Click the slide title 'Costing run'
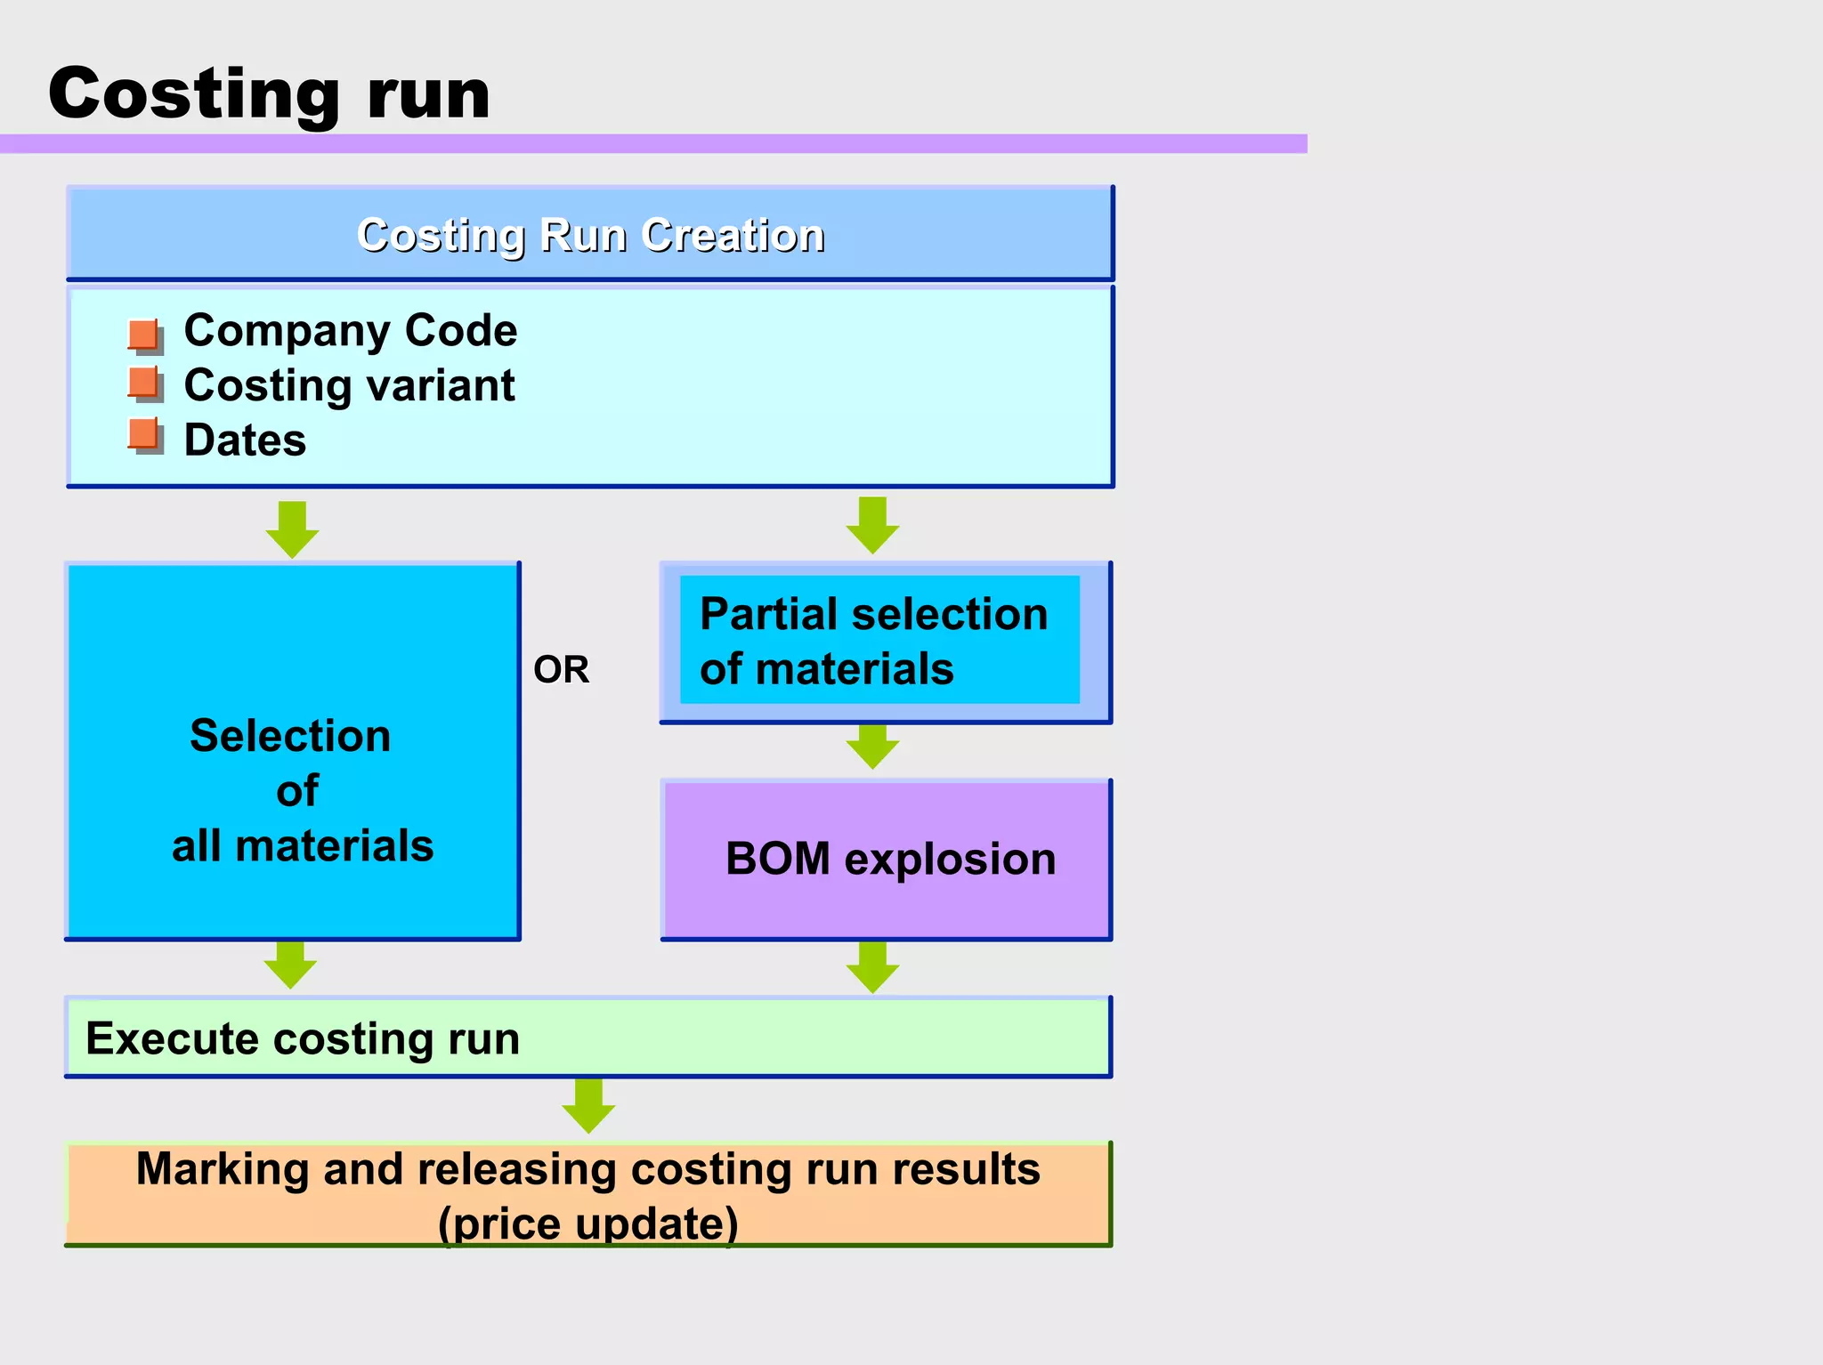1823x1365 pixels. point(269,93)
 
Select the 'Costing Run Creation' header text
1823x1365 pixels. point(590,236)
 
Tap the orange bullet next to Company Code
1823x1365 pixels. point(144,335)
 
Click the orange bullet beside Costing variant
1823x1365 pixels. point(144,384)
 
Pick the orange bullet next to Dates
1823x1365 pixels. point(144,435)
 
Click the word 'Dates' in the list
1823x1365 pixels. point(245,440)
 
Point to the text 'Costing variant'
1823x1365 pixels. point(349,386)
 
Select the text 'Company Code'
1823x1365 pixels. point(350,331)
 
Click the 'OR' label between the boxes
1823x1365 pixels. point(561,670)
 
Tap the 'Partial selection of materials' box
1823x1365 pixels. point(879,641)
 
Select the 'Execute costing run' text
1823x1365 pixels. point(303,1038)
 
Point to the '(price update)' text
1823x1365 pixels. point(588,1223)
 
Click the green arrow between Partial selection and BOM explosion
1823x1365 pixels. point(872,747)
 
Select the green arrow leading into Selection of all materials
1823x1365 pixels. point(292,529)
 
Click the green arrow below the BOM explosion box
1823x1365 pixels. point(872,967)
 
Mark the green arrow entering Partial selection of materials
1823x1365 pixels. point(872,525)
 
